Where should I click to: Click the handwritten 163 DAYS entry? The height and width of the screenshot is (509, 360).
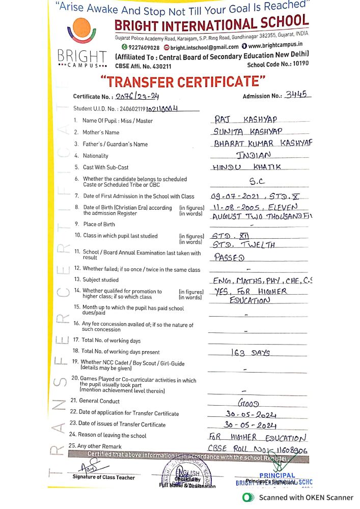pos(250,352)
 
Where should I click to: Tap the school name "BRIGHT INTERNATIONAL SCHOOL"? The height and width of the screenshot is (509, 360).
pos(211,23)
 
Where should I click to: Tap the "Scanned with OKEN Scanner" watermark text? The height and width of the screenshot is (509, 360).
pos(306,497)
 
